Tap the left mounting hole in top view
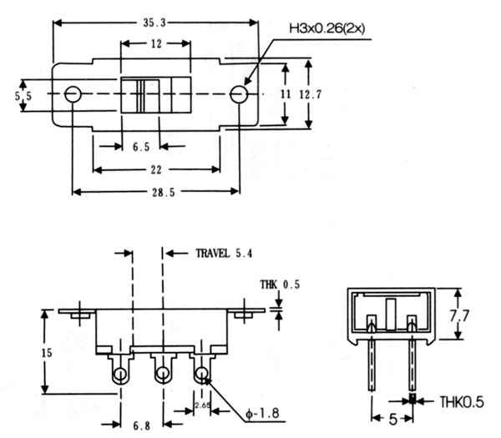tap(73, 93)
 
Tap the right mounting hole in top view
tap(240, 93)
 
